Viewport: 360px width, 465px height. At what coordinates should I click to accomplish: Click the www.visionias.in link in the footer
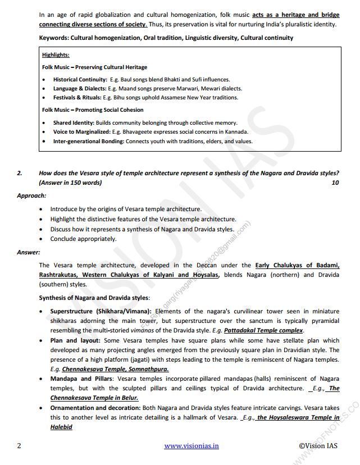pyautogui.click(x=191, y=446)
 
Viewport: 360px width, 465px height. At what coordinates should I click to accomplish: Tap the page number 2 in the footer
pyautogui.click(x=19, y=446)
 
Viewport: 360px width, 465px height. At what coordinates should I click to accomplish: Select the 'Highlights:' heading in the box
pyautogui.click(x=56, y=55)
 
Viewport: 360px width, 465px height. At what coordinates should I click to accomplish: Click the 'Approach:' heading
pyautogui.click(x=31, y=195)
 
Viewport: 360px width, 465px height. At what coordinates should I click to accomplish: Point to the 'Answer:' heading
pyautogui.click(x=28, y=252)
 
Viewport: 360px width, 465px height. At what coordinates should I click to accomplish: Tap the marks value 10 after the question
pyautogui.click(x=335, y=183)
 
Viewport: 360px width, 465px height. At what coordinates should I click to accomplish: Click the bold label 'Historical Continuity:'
pyautogui.click(x=80, y=80)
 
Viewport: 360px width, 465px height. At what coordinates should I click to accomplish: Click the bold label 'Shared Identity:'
pyautogui.click(x=73, y=123)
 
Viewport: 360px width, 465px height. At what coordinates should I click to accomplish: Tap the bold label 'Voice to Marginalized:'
pyautogui.click(x=82, y=132)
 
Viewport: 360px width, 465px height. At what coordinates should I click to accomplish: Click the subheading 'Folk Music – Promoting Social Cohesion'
pyautogui.click(x=93, y=110)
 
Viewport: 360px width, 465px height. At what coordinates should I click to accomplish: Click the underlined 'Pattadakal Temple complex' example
pyautogui.click(x=267, y=331)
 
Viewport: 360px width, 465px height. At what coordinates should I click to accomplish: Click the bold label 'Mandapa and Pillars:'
pyautogui.click(x=80, y=379)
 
